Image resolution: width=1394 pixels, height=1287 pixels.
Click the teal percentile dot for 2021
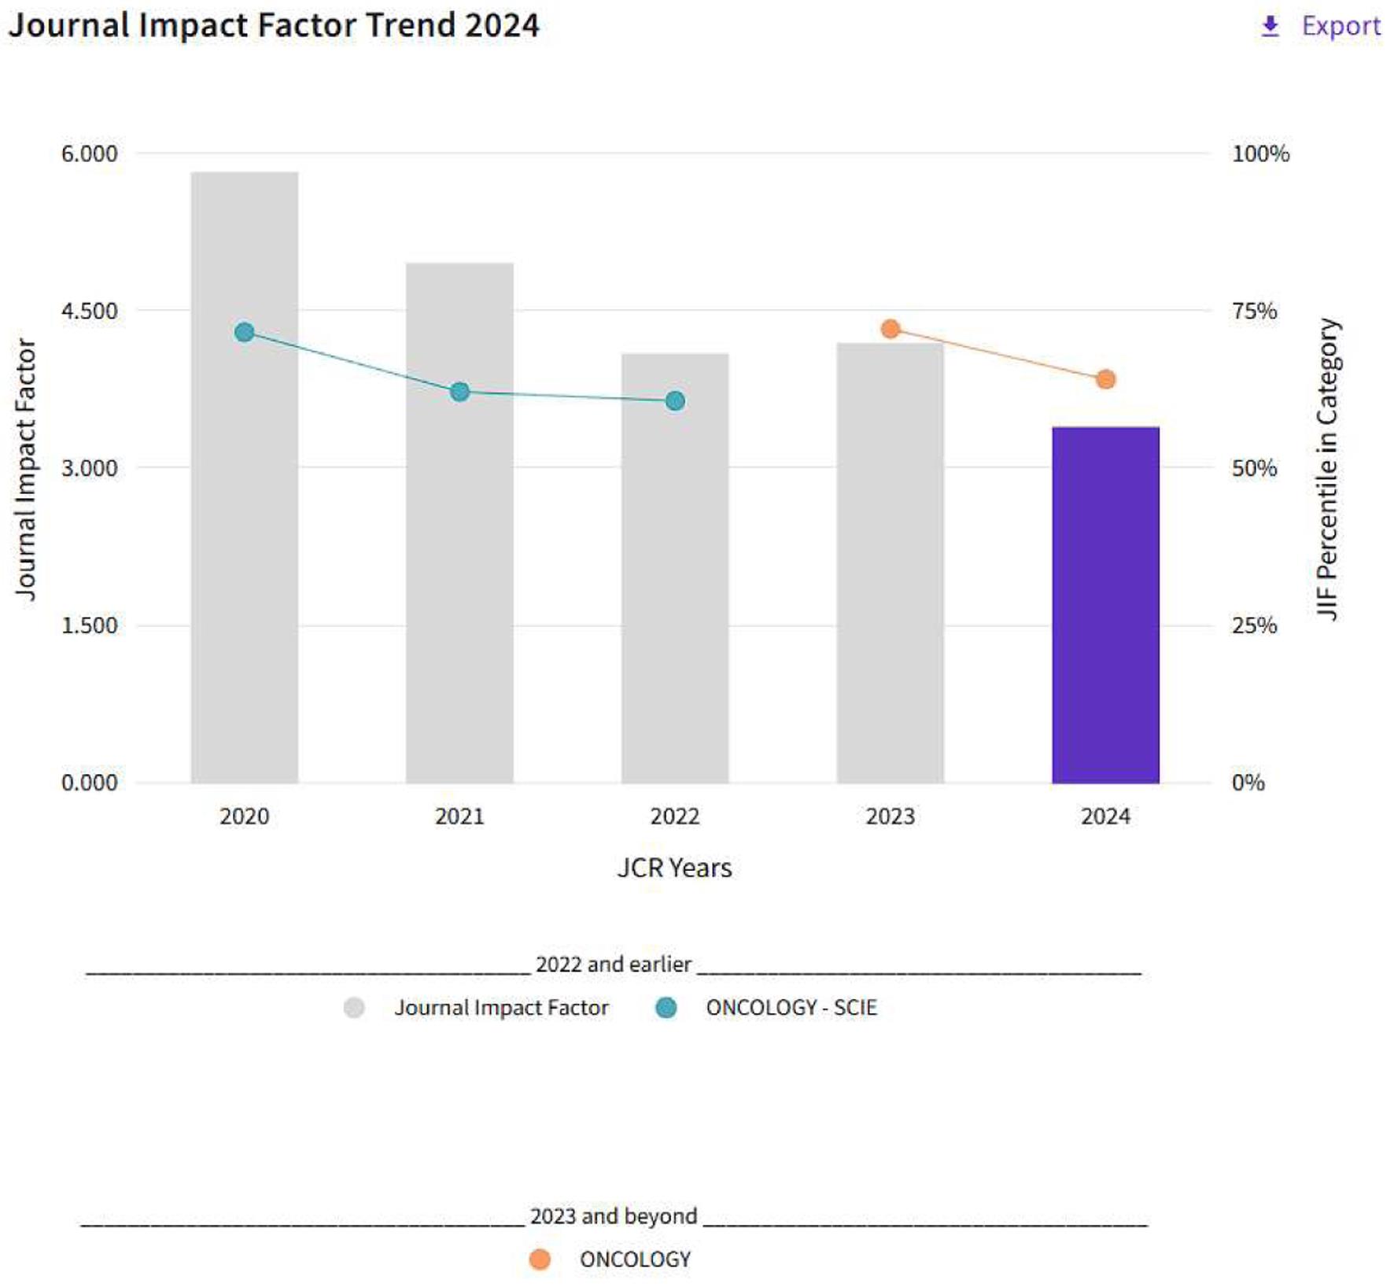click(459, 392)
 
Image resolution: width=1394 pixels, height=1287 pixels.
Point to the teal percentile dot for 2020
click(244, 332)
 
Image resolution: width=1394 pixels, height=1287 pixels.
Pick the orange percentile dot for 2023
click(890, 329)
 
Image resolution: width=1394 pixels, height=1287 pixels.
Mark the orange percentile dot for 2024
click(1105, 379)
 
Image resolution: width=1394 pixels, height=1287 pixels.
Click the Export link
click(1341, 26)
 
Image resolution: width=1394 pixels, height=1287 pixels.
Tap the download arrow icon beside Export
click(1270, 27)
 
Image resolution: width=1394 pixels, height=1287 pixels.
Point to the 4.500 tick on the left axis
click(89, 311)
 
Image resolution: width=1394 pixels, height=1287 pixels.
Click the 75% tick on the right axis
click(1254, 311)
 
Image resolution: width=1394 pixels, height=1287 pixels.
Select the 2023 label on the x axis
click(890, 817)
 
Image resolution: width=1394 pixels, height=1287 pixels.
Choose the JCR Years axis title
click(674, 868)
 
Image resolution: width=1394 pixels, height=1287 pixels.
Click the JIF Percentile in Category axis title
click(1327, 469)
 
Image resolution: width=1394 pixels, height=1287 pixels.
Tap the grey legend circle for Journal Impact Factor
click(354, 1008)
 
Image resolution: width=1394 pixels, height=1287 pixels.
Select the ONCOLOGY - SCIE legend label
click(791, 1008)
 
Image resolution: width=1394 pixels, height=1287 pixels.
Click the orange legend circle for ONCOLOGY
click(540, 1259)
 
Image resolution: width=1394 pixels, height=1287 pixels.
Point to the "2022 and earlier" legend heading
click(614, 964)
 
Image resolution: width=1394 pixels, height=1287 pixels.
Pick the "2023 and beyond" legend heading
click(614, 1216)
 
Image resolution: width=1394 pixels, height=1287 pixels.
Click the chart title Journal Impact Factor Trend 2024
click(274, 25)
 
